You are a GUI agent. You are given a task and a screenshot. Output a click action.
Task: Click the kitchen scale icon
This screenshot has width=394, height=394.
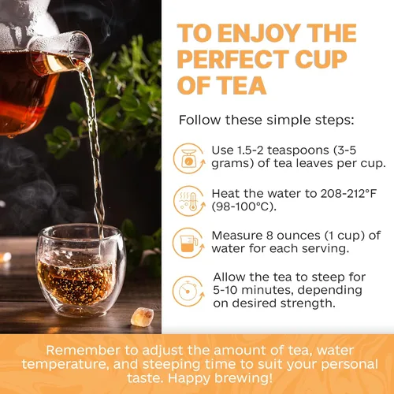[x=187, y=156]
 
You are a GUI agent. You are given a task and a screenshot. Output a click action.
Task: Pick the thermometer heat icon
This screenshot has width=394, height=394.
[x=187, y=199]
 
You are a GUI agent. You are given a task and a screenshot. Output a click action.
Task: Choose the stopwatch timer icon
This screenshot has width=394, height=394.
[x=187, y=290]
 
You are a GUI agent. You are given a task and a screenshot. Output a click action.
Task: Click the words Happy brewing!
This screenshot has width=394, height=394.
[x=229, y=378]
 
